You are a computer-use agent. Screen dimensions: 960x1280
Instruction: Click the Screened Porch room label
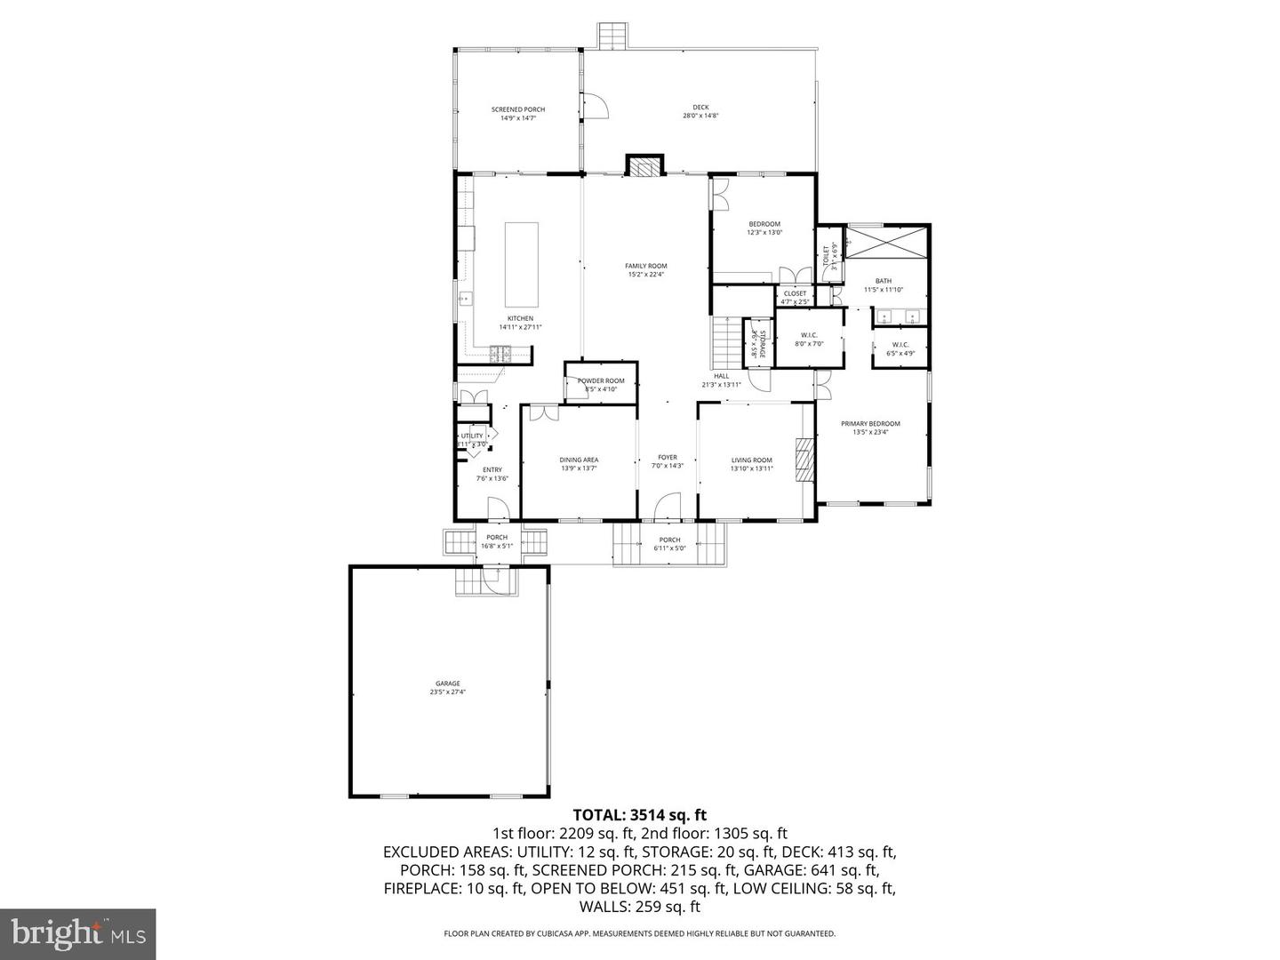click(x=517, y=113)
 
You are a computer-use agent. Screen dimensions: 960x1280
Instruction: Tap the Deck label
click(x=700, y=111)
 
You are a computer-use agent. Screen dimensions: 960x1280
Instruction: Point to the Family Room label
click(x=645, y=269)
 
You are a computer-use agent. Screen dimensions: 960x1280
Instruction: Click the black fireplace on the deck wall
click(x=644, y=166)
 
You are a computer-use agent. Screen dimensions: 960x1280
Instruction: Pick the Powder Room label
click(x=601, y=384)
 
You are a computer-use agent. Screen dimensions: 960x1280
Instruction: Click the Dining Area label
click(x=579, y=464)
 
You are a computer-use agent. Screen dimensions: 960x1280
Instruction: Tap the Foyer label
click(x=667, y=461)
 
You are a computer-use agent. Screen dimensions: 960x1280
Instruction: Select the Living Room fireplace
click(x=804, y=460)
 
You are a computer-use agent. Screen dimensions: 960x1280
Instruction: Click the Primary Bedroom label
click(x=870, y=428)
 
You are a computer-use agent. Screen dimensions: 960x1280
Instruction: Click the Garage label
click(x=447, y=687)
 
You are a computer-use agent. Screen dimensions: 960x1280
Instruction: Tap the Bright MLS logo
click(x=78, y=934)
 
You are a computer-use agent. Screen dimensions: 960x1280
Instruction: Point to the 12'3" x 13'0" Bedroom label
click(x=764, y=228)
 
